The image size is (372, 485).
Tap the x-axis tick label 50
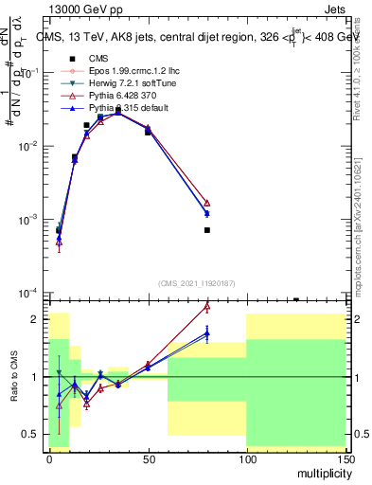tap(148, 458)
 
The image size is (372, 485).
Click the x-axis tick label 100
tap(246, 458)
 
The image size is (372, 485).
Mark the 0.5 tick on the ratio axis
tap(34, 434)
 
